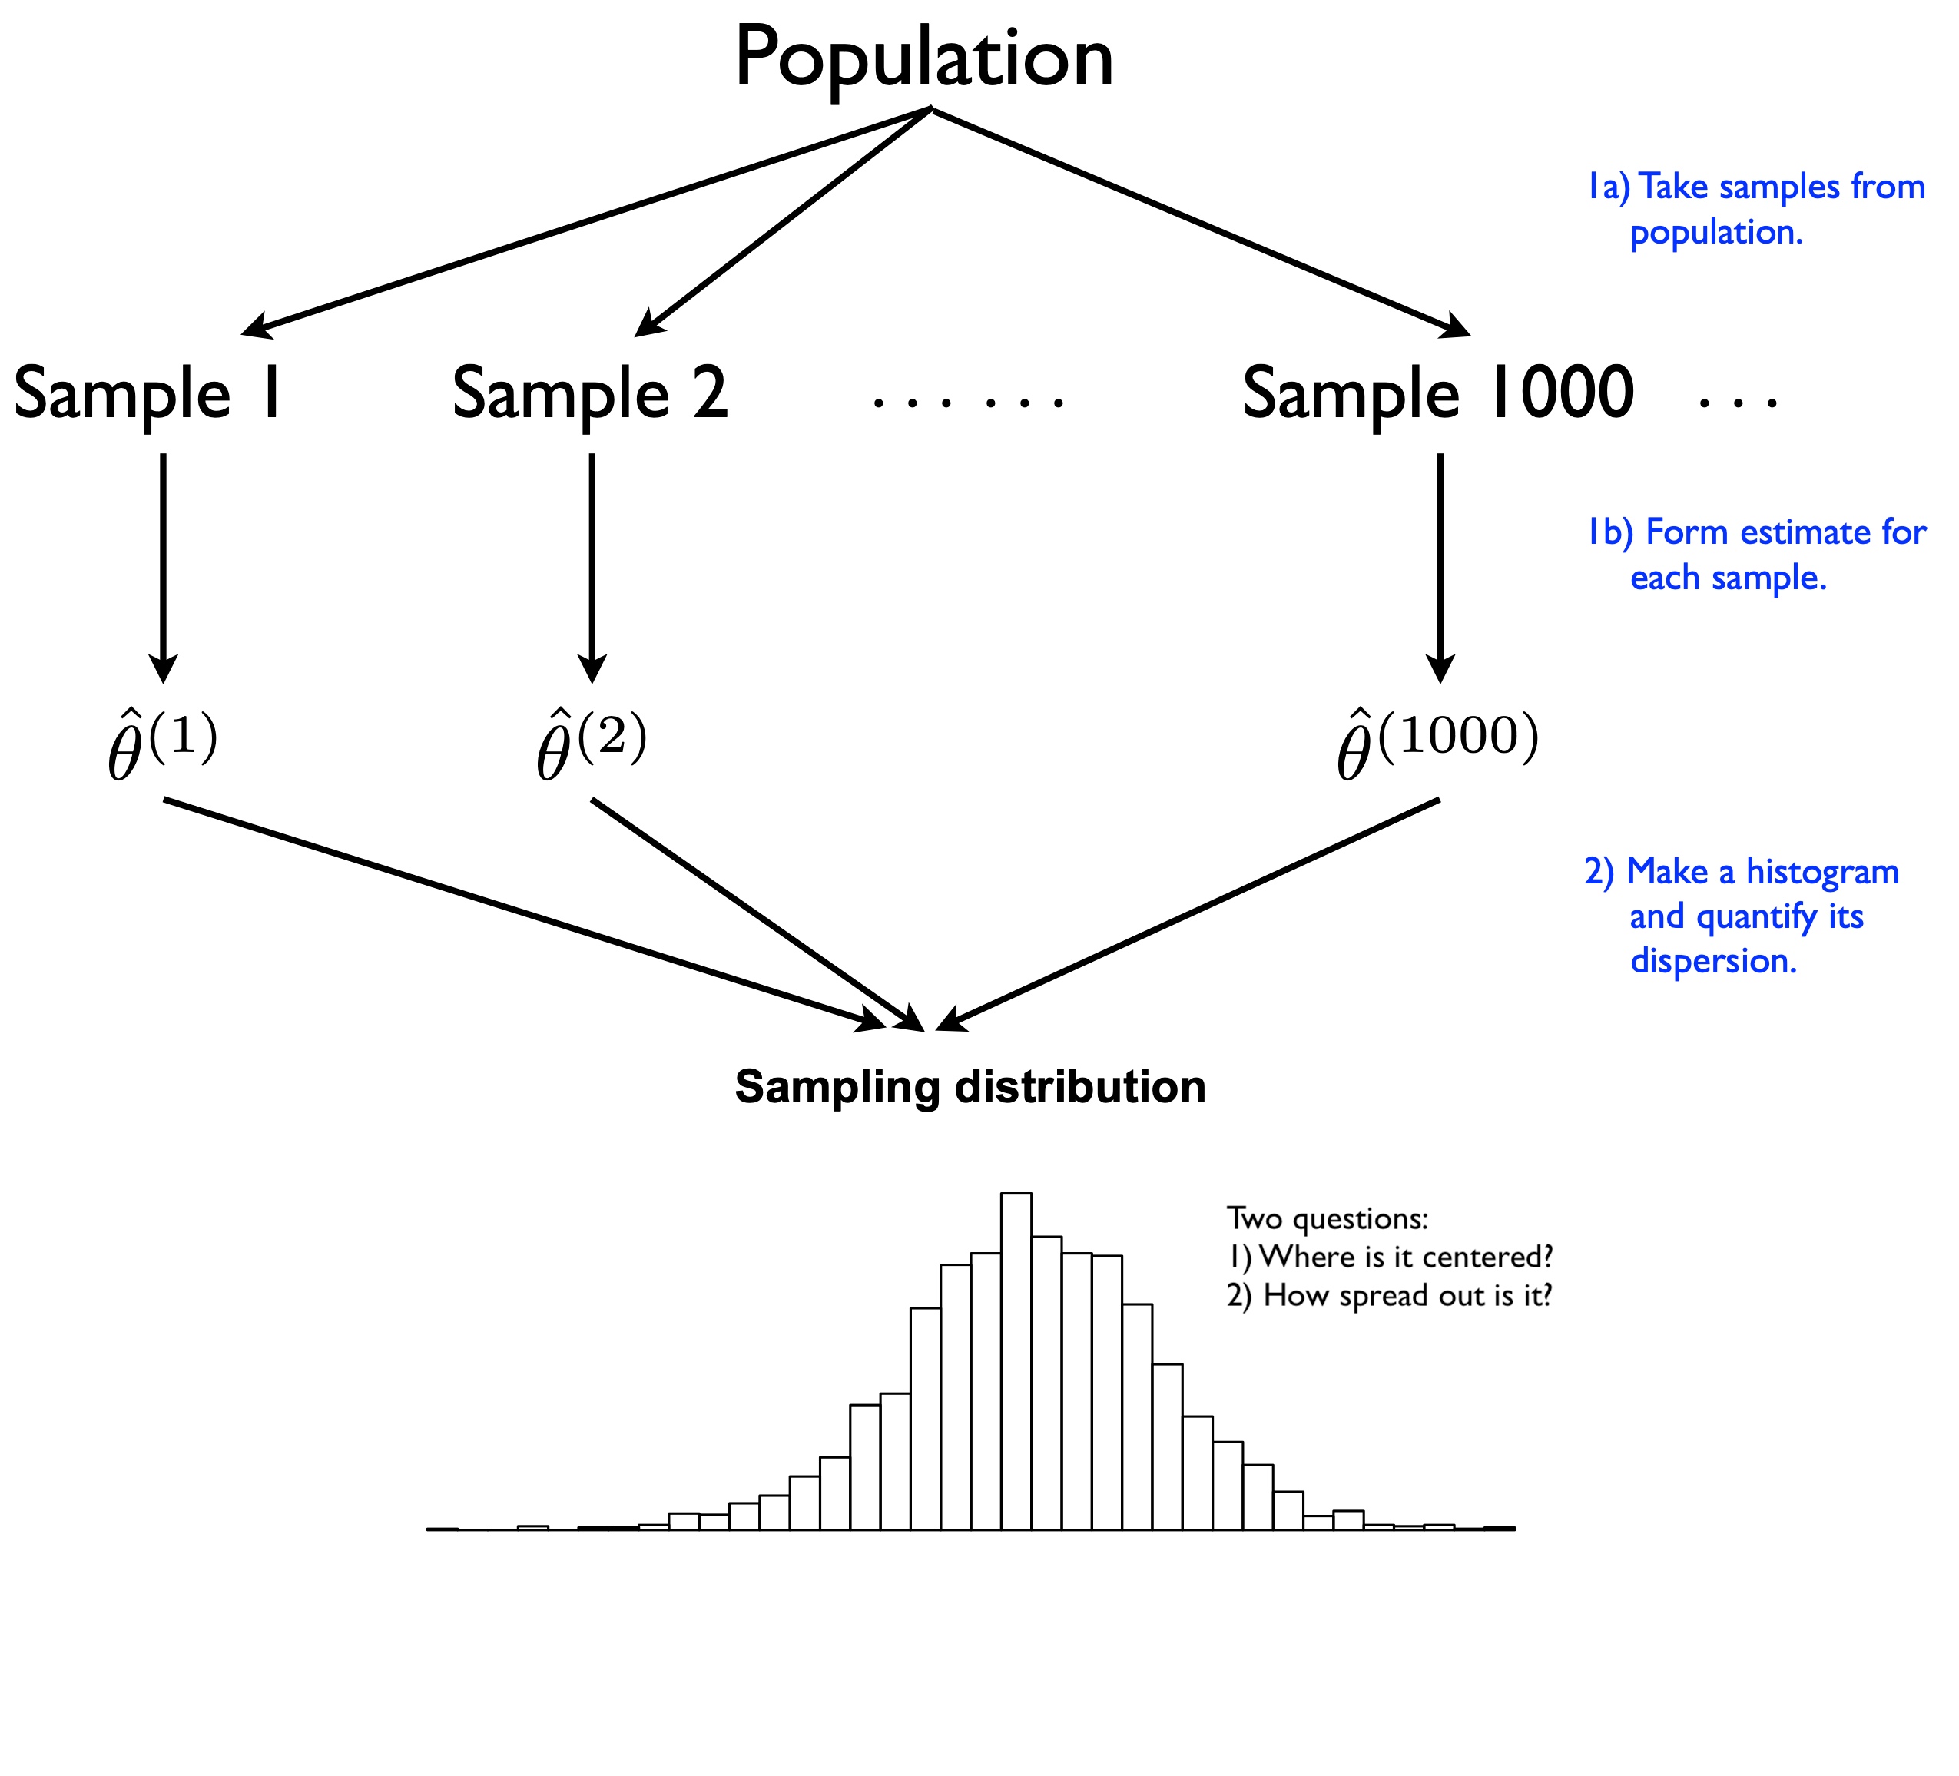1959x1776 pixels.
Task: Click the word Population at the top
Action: [x=923, y=58]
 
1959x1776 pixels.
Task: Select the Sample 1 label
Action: [x=148, y=393]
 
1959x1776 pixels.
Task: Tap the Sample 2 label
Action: [x=590, y=393]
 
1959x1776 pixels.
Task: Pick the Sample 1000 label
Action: [x=1438, y=393]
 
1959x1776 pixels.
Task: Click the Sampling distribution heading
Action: [x=970, y=1086]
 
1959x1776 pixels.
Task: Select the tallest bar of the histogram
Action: [x=1016, y=1360]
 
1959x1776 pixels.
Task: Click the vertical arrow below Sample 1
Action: [x=163, y=568]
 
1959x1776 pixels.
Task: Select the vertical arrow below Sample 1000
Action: [x=1440, y=568]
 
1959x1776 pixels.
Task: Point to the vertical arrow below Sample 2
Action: [x=592, y=568]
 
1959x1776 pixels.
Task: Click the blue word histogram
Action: [x=1822, y=873]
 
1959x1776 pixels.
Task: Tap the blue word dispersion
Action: [x=1713, y=961]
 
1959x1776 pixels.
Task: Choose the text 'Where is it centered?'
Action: [x=1406, y=1257]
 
